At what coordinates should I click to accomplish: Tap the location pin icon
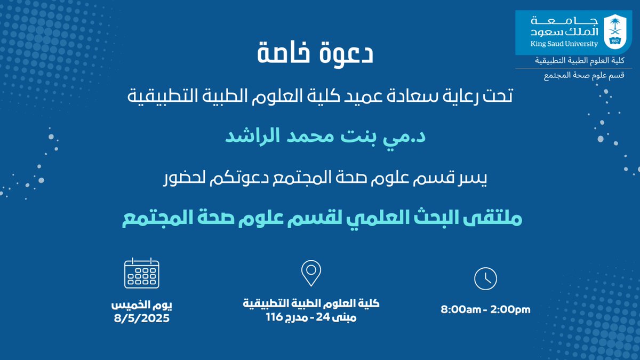coord(310,273)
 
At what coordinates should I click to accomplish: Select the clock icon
coord(485,278)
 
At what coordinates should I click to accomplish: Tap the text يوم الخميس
coord(142,306)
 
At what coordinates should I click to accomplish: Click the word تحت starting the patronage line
coord(498,97)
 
